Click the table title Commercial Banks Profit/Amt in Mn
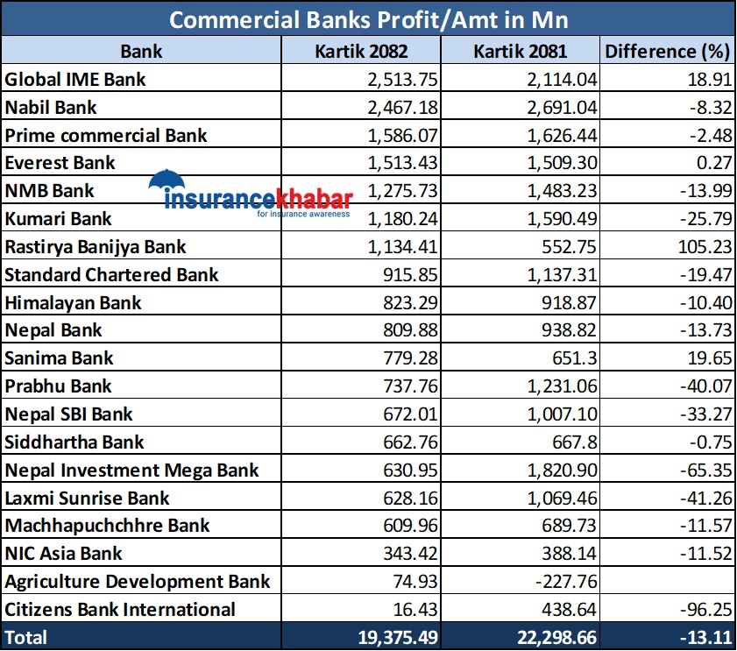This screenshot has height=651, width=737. tap(368, 19)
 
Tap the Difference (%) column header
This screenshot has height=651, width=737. tap(666, 51)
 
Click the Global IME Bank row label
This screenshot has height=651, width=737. tap(75, 79)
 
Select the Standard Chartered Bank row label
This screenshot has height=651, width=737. tap(111, 274)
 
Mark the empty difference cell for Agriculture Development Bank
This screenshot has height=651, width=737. tap(666, 581)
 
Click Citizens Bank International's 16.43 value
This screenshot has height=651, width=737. tap(413, 609)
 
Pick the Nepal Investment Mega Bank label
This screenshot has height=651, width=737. tap(131, 470)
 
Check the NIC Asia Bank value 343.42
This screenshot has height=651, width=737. tap(408, 553)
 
